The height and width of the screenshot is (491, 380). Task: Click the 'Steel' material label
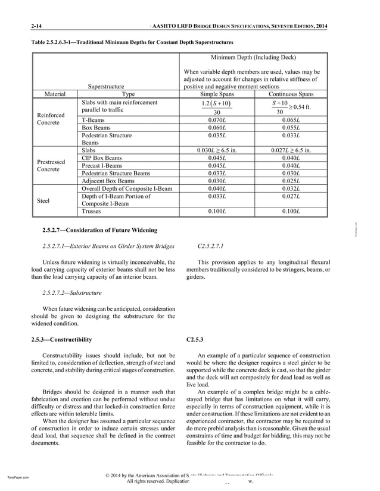tap(43, 201)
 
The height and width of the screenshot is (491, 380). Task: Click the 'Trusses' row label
tap(94, 211)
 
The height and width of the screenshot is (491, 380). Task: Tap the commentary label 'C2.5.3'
tap(195, 339)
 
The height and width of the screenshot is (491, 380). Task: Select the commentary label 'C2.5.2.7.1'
tap(205, 245)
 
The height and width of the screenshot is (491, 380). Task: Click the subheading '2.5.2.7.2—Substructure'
tap(72, 292)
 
